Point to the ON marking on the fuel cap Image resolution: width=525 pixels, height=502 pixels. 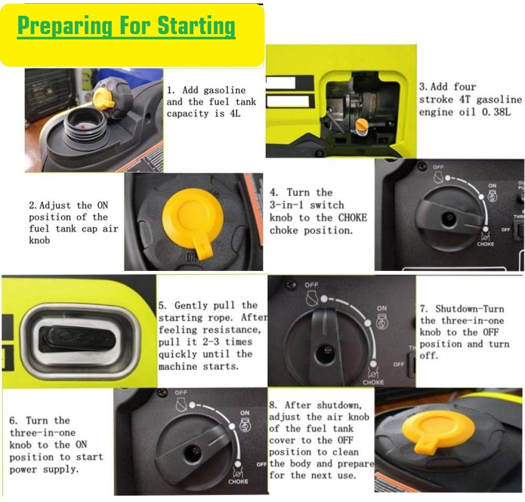[191, 258]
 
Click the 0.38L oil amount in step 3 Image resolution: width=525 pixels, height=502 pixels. [503, 112]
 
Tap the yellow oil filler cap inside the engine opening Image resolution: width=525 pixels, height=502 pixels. [361, 125]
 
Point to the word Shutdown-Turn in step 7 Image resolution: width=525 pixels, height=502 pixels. [469, 309]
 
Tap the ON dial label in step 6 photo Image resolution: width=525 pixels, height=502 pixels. [245, 413]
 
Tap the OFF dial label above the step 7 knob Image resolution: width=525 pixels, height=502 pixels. [311, 285]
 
